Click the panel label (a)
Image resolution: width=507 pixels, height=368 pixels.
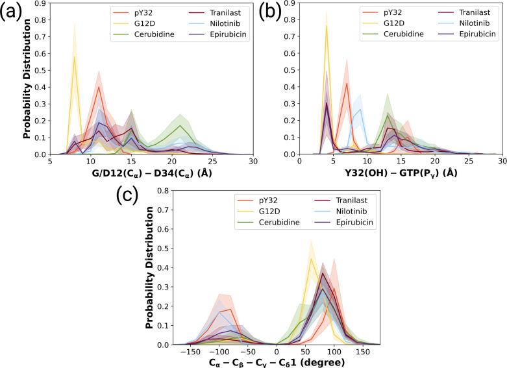pos(14,14)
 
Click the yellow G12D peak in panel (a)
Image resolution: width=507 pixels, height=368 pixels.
pos(75,56)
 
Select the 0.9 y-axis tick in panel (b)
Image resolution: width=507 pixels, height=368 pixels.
pos(290,6)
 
